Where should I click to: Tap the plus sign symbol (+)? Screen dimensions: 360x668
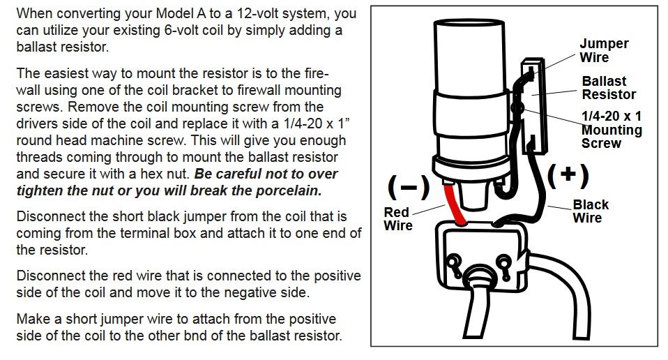click(x=568, y=175)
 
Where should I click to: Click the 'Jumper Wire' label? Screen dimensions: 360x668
click(x=603, y=50)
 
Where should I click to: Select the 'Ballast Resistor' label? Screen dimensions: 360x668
click(x=608, y=88)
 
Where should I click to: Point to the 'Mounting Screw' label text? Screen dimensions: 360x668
click(x=611, y=137)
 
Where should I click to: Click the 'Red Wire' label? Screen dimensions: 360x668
click(x=398, y=219)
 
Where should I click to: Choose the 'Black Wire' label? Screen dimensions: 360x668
click(x=590, y=211)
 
